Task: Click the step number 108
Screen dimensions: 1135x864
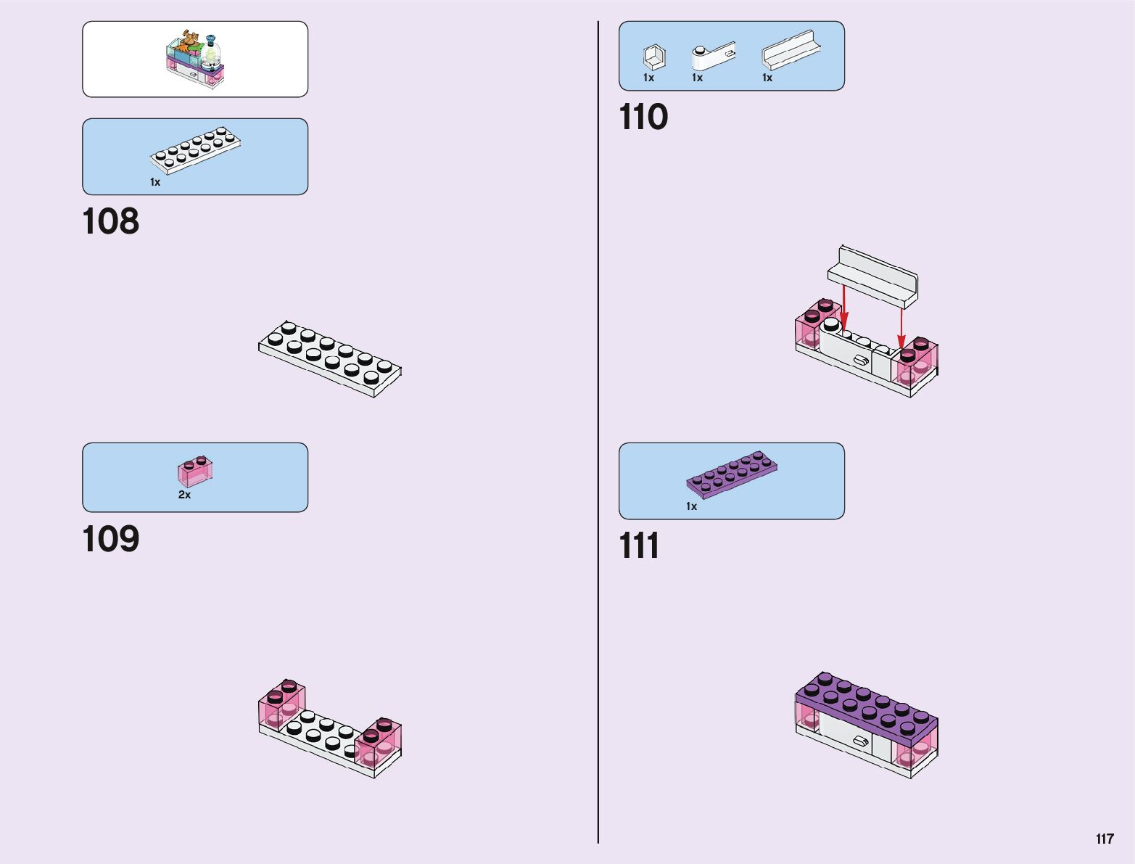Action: (111, 221)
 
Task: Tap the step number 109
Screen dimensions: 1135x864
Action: (111, 539)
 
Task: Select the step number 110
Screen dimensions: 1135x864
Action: (643, 117)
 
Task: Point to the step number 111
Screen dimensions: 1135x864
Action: (639, 546)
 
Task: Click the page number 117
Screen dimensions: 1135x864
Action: (1105, 839)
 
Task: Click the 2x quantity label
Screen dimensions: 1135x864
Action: (185, 495)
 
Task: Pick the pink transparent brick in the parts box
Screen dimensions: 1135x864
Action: (195, 472)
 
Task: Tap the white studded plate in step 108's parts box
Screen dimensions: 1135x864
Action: (195, 150)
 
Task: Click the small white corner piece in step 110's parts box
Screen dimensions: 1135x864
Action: (654, 57)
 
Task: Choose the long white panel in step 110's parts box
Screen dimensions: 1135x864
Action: (791, 50)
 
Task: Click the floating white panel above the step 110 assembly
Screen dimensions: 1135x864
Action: (873, 274)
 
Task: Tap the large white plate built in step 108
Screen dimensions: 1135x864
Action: (330, 358)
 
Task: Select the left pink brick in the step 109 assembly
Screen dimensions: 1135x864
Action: (281, 703)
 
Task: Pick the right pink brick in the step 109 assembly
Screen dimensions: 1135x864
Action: (378, 743)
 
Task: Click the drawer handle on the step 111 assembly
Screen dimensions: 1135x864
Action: (861, 741)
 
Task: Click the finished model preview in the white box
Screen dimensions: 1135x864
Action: (195, 59)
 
